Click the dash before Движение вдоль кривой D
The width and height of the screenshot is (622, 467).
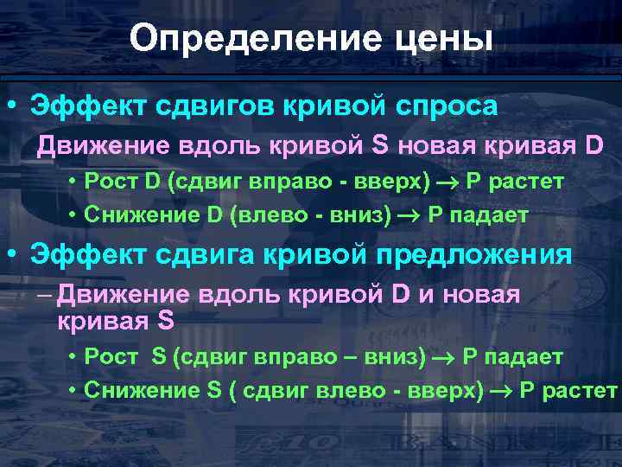46,294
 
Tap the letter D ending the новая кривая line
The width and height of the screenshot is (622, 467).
594,145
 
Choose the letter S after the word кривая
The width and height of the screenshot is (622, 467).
166,321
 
